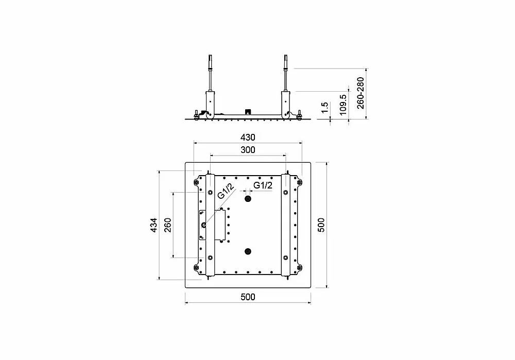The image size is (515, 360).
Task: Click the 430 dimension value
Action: (248, 138)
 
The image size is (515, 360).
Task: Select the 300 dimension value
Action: (248, 150)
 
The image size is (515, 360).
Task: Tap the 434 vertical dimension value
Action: (153, 226)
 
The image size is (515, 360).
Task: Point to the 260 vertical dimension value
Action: (167, 226)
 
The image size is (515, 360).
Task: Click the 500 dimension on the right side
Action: (321, 225)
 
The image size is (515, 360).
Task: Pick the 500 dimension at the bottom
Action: (248, 297)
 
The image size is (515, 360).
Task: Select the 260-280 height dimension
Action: (360, 93)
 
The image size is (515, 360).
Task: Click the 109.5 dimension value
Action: (342, 105)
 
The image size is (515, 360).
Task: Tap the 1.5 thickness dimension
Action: (324, 108)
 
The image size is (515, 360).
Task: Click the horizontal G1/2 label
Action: (263, 185)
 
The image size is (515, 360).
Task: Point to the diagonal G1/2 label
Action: (226, 191)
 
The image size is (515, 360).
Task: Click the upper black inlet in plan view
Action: (248, 199)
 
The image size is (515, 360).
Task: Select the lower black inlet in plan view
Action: (248, 252)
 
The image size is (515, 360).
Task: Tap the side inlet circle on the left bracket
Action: (203, 225)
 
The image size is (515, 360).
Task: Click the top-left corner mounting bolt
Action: (196, 182)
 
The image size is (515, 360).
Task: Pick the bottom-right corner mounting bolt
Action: (299, 267)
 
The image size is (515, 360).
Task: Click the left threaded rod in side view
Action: (210, 74)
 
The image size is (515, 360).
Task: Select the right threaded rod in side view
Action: (285, 74)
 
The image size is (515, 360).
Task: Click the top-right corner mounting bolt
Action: (299, 182)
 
